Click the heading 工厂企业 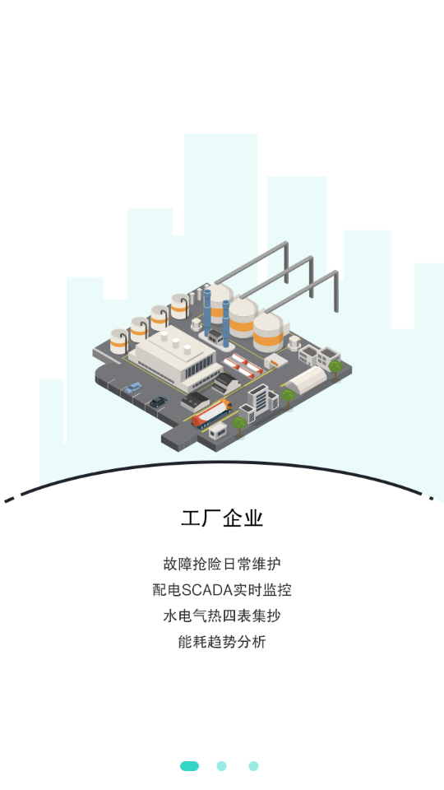pos(222,518)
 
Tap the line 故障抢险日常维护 pos(222,564)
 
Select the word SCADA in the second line pos(206,590)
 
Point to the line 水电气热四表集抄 pos(222,616)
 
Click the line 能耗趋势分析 pos(222,642)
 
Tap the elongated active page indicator pos(189,766)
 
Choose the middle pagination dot pos(221,766)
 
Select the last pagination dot pos(254,766)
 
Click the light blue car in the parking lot pos(133,388)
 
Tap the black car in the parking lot pos(158,402)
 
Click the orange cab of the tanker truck pos(227,404)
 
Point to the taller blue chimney pos(207,313)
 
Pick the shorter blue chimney pos(226,324)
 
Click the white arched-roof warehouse pos(307,379)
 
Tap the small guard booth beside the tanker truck pos(218,430)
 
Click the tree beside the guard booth pos(238,425)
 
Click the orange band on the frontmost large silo pos(268,341)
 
